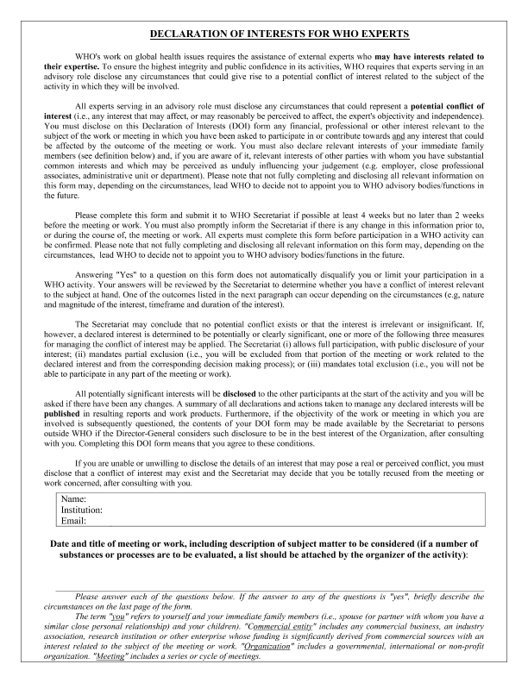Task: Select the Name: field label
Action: [x=75, y=499]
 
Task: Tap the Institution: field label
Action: [x=82, y=510]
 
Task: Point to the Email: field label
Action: [x=74, y=521]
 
